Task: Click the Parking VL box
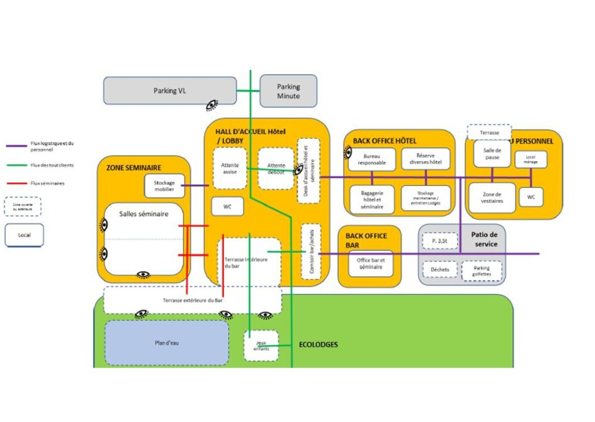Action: (169, 91)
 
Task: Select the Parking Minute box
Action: (288, 91)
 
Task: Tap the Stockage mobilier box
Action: (164, 186)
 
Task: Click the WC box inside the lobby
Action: (227, 207)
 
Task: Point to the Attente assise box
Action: (230, 168)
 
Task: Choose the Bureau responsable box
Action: (372, 160)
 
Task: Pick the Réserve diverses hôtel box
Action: (426, 159)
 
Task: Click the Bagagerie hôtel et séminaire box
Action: (372, 200)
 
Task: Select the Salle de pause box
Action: (492, 154)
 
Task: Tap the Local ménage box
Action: (531, 160)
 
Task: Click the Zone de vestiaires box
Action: (492, 198)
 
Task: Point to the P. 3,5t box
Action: (439, 241)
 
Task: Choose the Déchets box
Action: (440, 270)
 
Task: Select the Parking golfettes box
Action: (482, 271)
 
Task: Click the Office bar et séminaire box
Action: (371, 264)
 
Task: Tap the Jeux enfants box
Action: (261, 346)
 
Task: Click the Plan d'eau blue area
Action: (166, 343)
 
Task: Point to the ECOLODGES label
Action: (318, 345)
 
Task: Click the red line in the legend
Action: (17, 183)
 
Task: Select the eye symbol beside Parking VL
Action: (212, 105)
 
